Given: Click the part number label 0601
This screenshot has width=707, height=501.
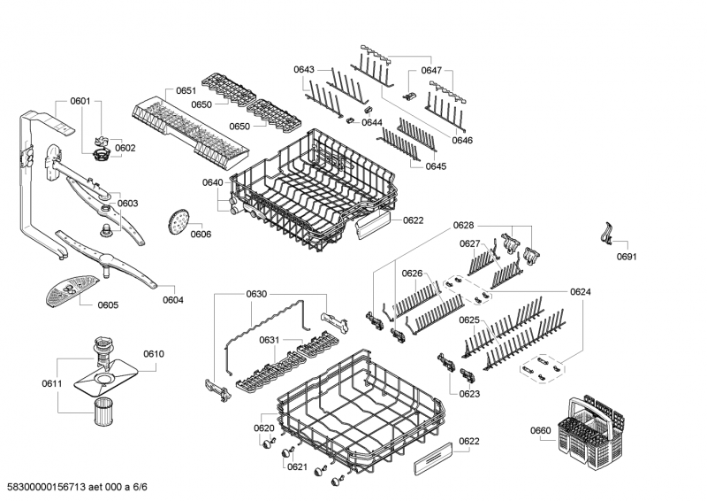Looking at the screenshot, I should coord(80,101).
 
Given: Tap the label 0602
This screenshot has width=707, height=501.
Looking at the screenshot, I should coord(125,148).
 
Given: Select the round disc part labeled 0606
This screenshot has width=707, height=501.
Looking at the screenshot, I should coord(178,223).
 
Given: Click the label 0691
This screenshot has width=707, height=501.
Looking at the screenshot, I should coord(627,258).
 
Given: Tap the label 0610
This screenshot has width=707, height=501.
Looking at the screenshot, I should coord(153,354).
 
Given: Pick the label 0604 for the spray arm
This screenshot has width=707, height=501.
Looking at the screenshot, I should coord(173,299).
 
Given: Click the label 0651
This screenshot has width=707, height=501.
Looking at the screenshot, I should coord(186,91).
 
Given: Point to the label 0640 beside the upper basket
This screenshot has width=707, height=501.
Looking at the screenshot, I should coord(212,182).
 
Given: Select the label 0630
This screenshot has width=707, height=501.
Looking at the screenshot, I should coord(256,294).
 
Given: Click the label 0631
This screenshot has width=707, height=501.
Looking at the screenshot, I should coord(269,341).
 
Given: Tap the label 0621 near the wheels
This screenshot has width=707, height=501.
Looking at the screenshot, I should coord(297,466).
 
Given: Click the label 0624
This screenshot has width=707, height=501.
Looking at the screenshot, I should coord(581,292).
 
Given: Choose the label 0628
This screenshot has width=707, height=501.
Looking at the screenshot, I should coord(463,227).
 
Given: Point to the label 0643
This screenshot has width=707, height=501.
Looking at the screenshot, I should coord(304,69).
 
